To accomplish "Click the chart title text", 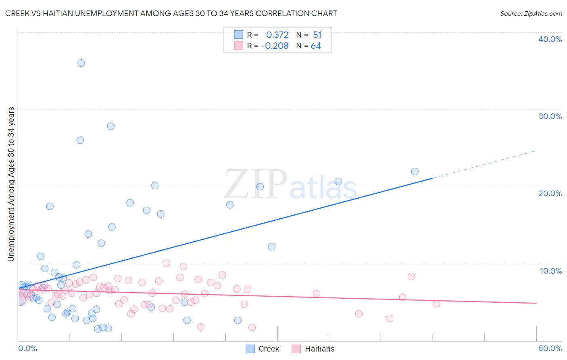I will (171, 13).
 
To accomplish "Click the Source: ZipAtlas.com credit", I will (531, 13).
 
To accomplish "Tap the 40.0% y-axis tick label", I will (550, 39).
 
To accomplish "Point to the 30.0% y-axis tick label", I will (550, 116).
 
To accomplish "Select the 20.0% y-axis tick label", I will (550, 193).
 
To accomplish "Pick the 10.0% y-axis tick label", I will (550, 271).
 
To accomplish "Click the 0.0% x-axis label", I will (27, 348).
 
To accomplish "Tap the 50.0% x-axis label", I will (550, 348).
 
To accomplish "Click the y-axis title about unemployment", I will (11, 184).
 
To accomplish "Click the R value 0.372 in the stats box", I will (277, 35).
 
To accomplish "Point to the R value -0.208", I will (275, 46).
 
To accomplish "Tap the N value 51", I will (317, 35).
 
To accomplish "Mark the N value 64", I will (316, 46).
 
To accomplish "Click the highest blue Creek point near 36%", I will (81, 63).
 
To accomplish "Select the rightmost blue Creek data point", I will (415, 172).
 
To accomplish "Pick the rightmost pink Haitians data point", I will (436, 303).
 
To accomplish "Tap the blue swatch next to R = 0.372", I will (239, 35).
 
